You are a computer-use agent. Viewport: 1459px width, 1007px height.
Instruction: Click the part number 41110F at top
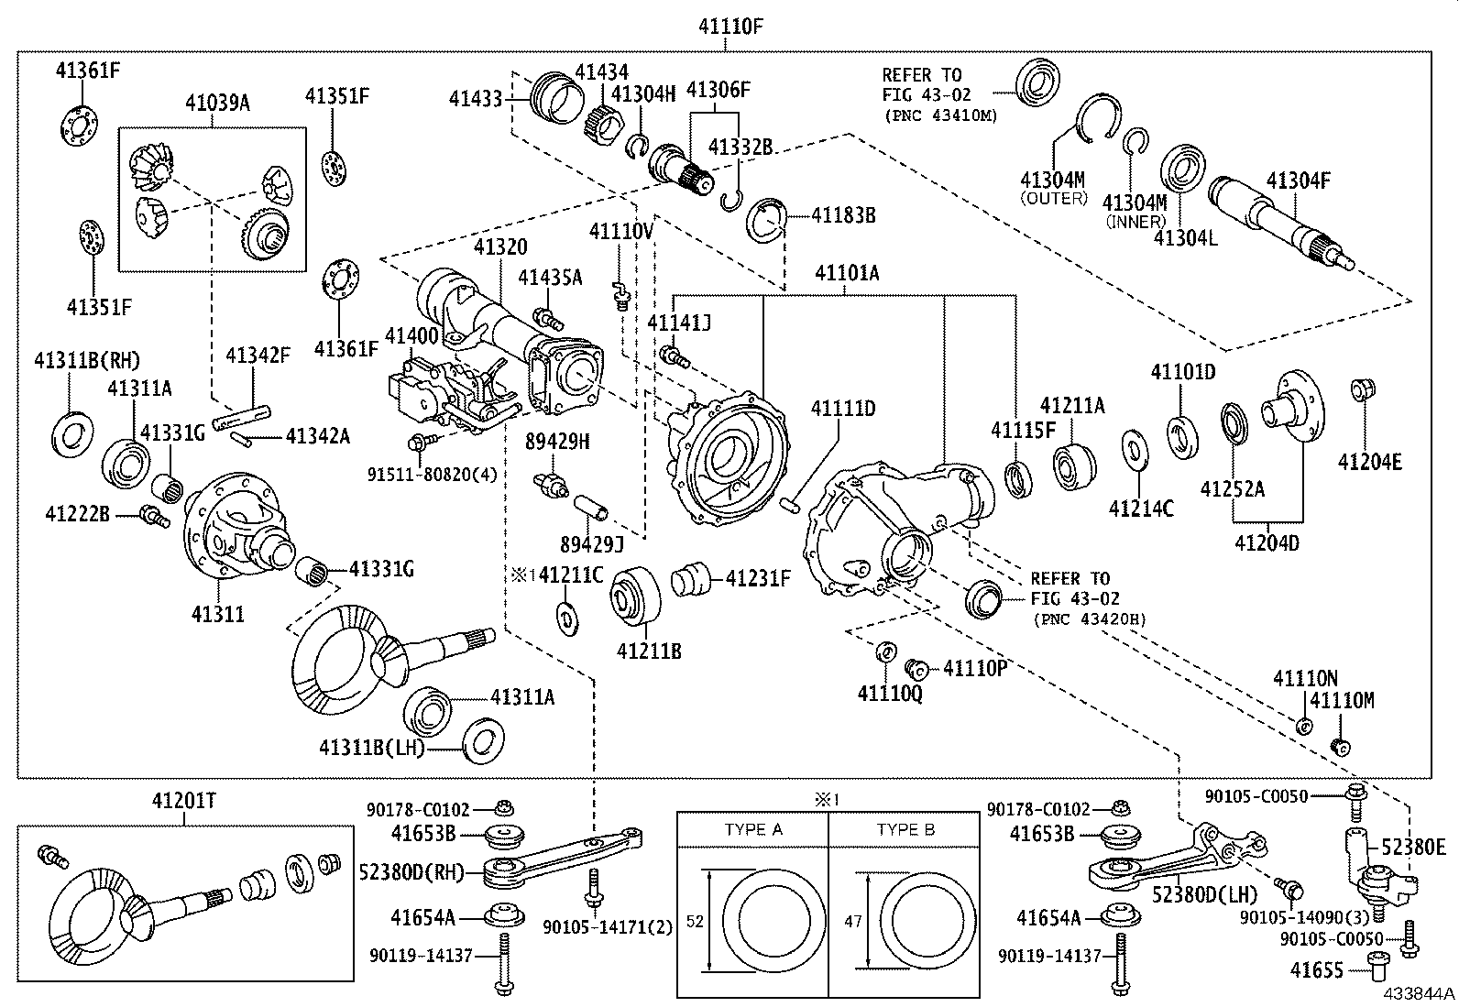point(731,27)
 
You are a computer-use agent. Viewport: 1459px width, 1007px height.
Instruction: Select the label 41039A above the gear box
point(216,103)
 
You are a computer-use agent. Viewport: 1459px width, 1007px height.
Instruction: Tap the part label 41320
point(500,247)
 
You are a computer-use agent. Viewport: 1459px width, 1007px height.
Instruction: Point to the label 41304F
point(1298,181)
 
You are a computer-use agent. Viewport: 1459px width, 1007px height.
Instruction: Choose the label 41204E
point(1369,463)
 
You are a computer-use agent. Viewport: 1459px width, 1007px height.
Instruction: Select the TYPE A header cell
point(752,829)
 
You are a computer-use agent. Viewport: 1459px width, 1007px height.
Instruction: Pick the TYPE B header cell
point(905,829)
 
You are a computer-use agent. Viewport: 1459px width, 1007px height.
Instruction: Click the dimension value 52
point(695,921)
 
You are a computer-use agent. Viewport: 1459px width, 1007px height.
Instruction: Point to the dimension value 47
point(853,921)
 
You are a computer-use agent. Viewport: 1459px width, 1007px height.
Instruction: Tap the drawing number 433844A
point(1419,994)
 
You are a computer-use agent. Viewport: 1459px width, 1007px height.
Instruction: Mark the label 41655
point(1316,969)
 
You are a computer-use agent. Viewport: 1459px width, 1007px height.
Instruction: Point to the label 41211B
point(649,651)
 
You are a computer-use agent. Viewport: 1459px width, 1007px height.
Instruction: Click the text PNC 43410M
point(940,115)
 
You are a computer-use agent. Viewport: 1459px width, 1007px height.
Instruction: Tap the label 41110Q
point(889,694)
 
